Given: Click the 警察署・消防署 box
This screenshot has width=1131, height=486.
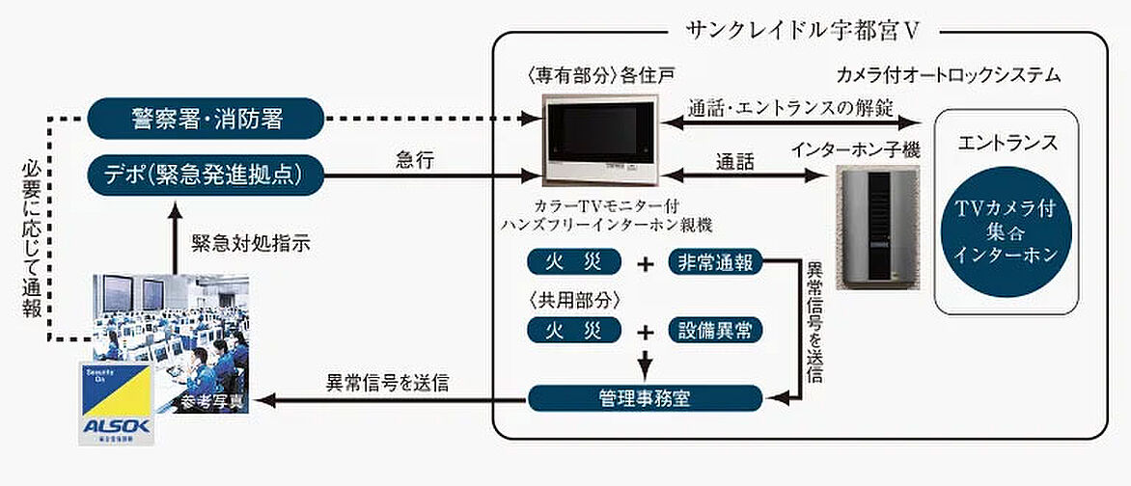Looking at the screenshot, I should click(205, 120).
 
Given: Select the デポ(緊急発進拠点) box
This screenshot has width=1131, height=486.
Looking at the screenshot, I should click(205, 174).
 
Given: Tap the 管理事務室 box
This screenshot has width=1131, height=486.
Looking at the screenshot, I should click(644, 396).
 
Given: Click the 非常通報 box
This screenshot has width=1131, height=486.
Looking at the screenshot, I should click(716, 262).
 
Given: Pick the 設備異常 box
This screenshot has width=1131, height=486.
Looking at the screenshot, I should click(716, 331).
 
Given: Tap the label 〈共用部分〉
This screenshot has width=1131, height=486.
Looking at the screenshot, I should click(568, 298).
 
